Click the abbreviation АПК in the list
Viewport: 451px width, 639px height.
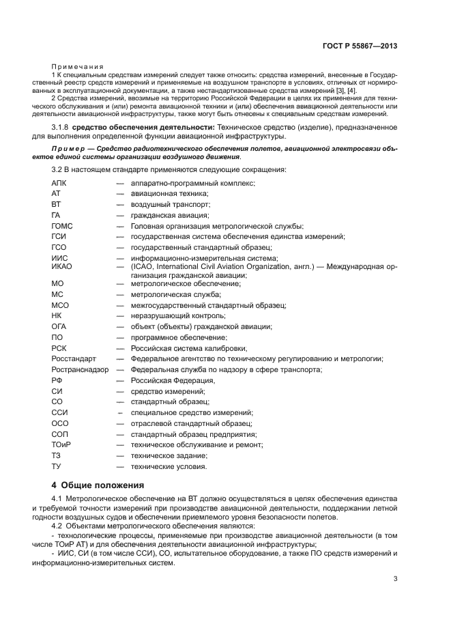(59, 183)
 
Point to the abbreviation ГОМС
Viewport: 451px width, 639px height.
(62, 226)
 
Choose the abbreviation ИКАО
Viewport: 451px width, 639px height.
(62, 266)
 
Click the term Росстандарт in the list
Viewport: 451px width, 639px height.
(74, 358)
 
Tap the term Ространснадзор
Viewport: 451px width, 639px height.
(79, 369)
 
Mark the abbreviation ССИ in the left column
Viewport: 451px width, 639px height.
(59, 412)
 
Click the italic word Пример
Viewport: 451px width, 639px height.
(68, 147)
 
